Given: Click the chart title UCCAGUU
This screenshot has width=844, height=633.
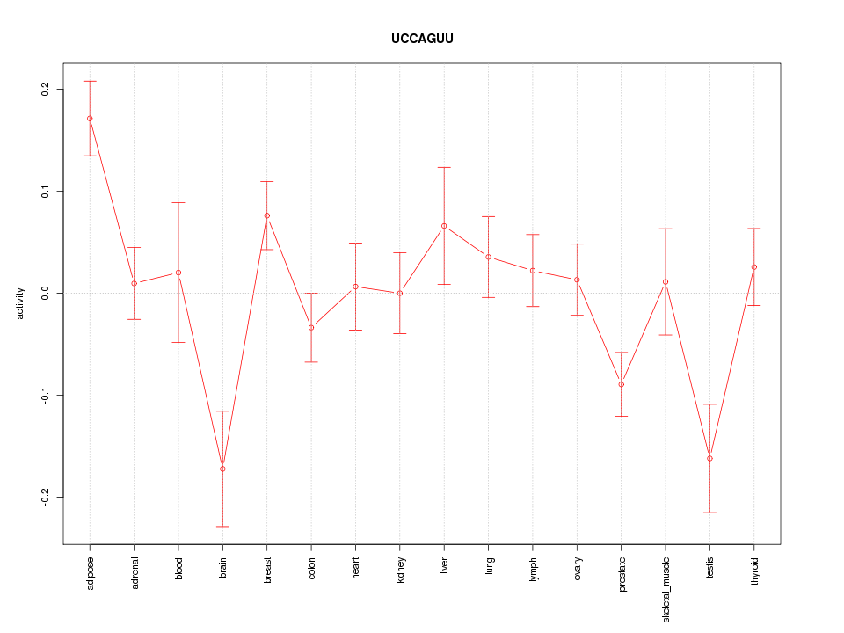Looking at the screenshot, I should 422,39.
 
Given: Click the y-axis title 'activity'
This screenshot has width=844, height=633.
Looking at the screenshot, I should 20,302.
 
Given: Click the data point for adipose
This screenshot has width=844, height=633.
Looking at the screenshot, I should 90,119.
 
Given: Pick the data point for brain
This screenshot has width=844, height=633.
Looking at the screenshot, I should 222,469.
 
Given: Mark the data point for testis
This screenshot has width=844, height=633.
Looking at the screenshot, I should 709,459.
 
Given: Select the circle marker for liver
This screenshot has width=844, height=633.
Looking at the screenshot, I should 444,226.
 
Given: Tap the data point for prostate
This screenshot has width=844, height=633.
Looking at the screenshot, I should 621,384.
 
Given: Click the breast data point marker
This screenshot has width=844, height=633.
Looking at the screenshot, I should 267,215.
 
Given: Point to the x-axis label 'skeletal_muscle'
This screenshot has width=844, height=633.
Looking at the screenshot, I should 666,588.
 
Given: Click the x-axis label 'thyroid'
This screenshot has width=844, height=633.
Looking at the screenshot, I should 754,571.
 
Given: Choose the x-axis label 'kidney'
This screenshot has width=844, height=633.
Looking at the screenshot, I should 400,571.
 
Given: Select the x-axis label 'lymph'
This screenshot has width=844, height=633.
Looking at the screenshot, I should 533,570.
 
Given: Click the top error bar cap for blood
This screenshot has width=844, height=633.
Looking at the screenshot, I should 178,202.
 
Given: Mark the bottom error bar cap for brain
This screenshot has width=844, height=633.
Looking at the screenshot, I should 222,526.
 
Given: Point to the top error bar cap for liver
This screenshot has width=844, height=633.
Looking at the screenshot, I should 444,167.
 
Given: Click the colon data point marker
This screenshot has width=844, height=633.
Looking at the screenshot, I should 311,327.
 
